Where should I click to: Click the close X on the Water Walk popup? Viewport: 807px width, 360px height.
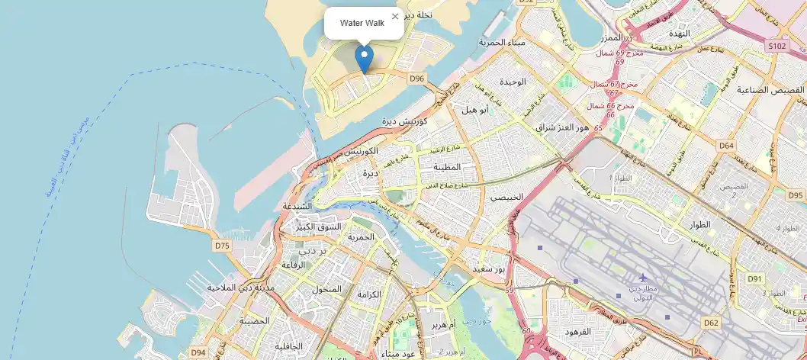click(394, 16)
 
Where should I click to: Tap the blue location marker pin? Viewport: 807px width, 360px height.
click(365, 58)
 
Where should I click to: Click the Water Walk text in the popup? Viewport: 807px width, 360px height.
click(362, 23)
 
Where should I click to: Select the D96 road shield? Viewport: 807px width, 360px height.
click(416, 79)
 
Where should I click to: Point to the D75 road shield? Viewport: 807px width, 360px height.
click(222, 246)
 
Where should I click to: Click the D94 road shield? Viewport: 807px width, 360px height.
click(198, 352)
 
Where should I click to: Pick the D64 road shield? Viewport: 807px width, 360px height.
click(726, 145)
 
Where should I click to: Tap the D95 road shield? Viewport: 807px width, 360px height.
click(796, 195)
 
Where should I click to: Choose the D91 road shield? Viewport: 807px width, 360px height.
click(755, 279)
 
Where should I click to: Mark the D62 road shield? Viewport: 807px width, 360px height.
click(711, 323)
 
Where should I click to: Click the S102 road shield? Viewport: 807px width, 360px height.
click(776, 47)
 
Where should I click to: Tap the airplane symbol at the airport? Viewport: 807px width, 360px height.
click(642, 277)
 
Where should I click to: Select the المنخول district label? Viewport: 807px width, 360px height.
click(327, 290)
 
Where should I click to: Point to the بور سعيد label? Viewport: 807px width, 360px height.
click(489, 269)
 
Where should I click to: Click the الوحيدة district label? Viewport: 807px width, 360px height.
click(512, 82)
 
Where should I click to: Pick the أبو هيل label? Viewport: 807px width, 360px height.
click(474, 109)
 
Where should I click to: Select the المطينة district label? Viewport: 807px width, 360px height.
click(447, 167)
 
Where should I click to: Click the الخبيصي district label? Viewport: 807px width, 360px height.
click(506, 197)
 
